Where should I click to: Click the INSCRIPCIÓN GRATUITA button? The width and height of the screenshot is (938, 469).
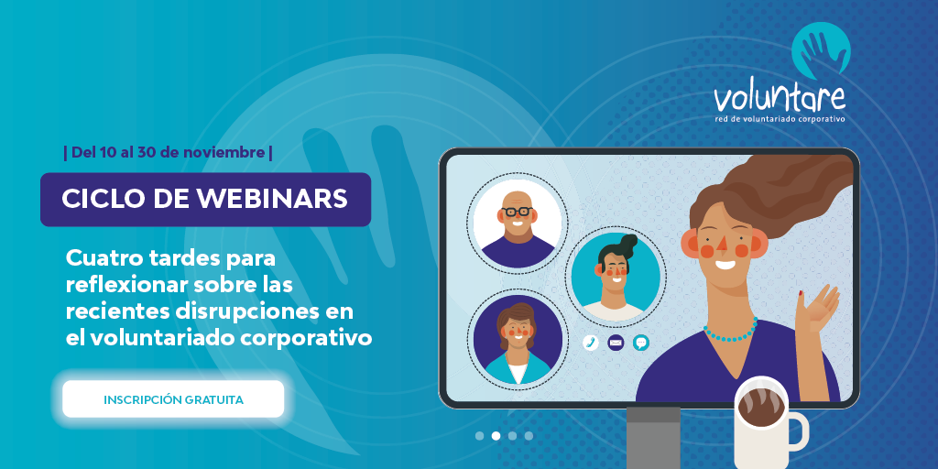(173, 399)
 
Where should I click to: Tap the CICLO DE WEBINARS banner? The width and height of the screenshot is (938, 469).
(205, 199)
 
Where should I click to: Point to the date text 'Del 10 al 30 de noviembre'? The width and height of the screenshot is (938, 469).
(168, 152)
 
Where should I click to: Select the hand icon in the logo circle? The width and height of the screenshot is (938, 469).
(821, 51)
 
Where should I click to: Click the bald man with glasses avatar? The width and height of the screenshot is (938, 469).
(518, 224)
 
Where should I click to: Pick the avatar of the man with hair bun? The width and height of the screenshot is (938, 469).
(615, 277)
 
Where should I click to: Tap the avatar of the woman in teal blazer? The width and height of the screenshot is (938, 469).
(518, 340)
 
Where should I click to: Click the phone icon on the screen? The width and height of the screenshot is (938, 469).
(591, 343)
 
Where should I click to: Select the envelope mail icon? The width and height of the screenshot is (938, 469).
(616, 343)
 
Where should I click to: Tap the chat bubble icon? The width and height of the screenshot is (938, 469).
(640, 343)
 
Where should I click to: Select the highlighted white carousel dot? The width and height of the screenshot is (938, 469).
(496, 436)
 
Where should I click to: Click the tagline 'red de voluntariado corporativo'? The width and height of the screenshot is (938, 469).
(780, 119)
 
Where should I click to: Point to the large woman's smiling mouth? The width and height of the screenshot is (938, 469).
(725, 263)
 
